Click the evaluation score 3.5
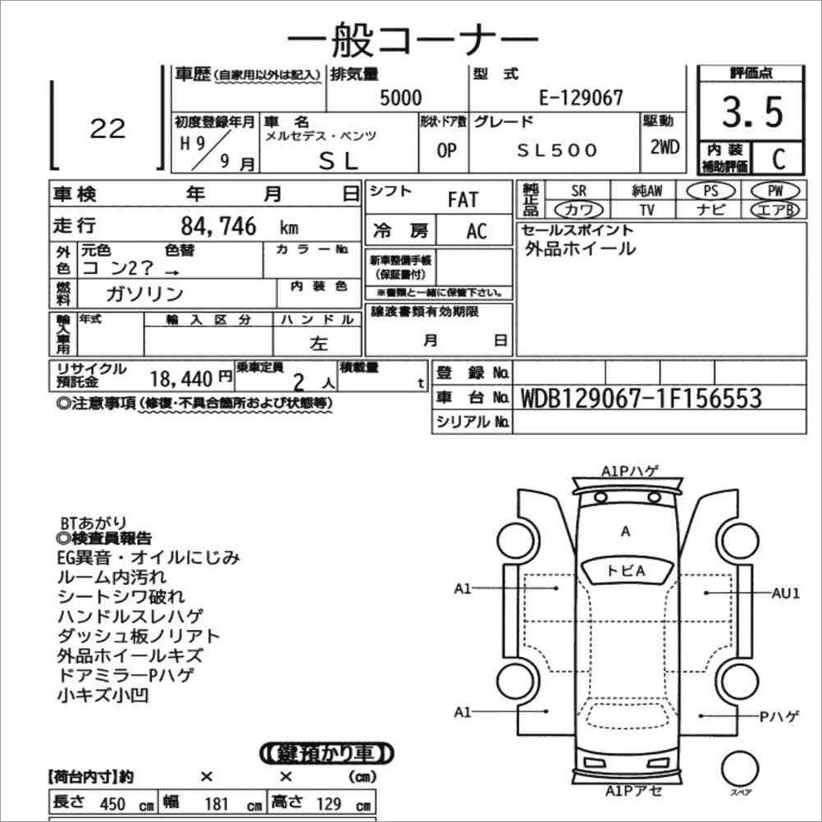(752, 112)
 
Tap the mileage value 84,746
(217, 226)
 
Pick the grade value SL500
(557, 151)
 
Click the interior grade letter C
(777, 158)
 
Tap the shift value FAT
(463, 199)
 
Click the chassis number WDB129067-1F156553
(641, 399)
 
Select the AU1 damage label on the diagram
(785, 593)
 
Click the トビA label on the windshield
(626, 571)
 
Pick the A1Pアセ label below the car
(632, 792)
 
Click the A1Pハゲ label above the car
(629, 472)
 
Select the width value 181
(217, 804)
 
